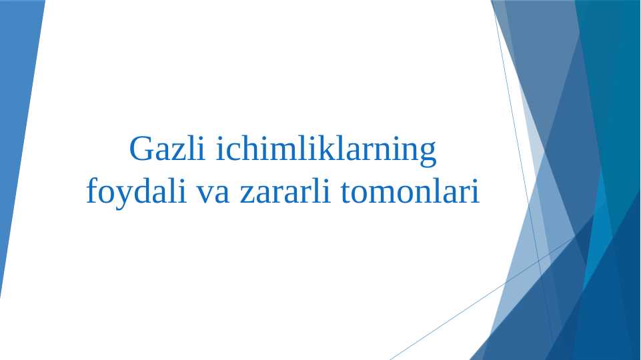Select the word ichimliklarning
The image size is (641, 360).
pos(326,151)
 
